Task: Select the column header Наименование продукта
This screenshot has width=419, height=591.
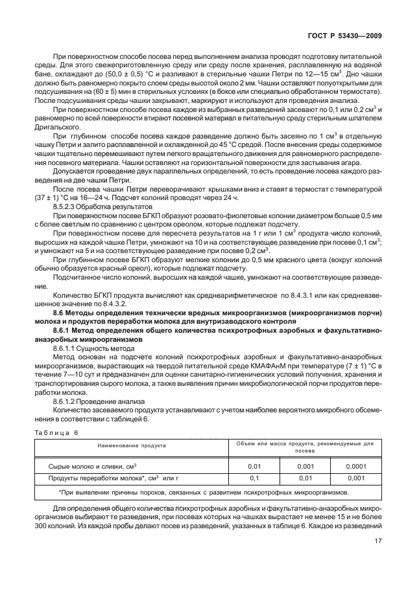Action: tap(131, 446)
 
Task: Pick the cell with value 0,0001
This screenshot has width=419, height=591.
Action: tap(355, 466)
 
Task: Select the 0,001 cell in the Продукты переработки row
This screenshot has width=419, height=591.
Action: tap(355, 478)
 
